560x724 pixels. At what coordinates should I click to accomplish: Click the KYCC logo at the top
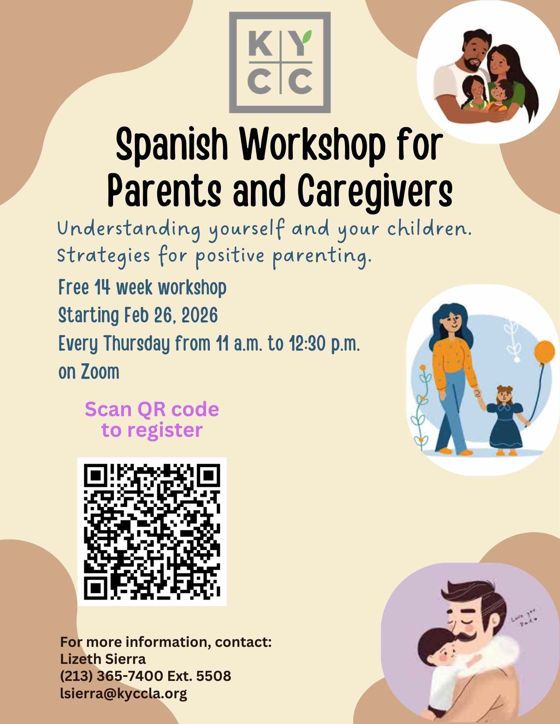click(280, 62)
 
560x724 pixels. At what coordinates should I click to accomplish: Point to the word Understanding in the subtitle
click(129, 230)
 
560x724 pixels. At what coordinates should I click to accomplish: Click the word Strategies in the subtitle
click(103, 257)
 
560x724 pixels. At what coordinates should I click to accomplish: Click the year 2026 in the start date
click(199, 315)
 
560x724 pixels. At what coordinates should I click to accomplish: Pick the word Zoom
click(100, 372)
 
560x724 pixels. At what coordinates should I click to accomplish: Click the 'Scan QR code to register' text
click(152, 420)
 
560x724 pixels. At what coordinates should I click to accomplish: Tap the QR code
click(152, 532)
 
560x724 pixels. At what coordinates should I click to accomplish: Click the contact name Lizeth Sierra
click(103, 659)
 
